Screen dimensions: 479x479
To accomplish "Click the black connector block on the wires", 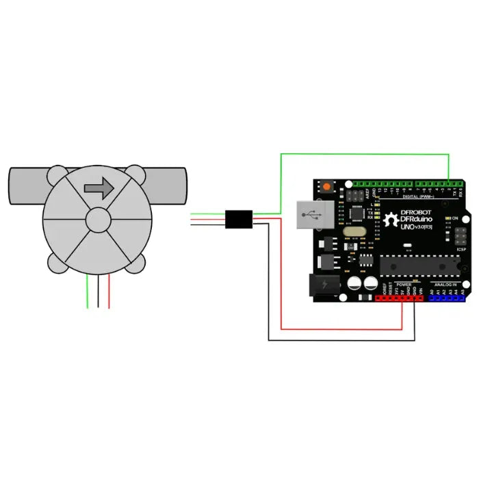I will tap(239, 218).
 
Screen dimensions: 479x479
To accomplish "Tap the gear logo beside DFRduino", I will tap(392, 220).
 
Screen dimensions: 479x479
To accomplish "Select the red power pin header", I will tap(400, 298).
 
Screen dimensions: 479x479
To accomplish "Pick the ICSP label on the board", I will tap(461, 250).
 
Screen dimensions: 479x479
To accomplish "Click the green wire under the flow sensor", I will tap(87, 291).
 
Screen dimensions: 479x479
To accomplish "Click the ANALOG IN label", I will tap(448, 284).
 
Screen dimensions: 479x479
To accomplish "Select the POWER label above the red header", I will tap(403, 284).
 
